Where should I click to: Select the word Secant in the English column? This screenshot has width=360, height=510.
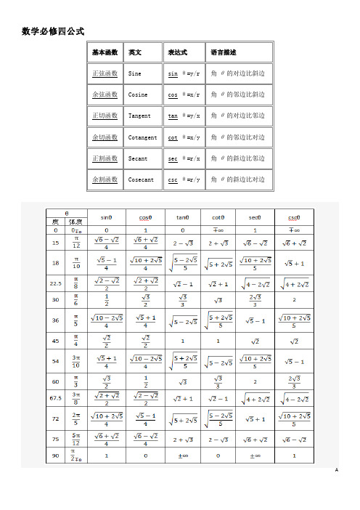pyautogui.click(x=137, y=158)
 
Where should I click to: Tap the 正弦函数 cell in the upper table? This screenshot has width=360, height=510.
pyautogui.click(x=105, y=74)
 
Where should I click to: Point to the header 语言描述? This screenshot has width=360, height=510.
pyautogui.click(x=223, y=53)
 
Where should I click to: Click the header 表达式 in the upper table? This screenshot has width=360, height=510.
pyautogui.click(x=178, y=53)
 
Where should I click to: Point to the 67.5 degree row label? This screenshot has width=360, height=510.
pyautogui.click(x=54, y=399)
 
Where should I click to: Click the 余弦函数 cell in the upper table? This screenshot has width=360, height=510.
pyautogui.click(x=105, y=95)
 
